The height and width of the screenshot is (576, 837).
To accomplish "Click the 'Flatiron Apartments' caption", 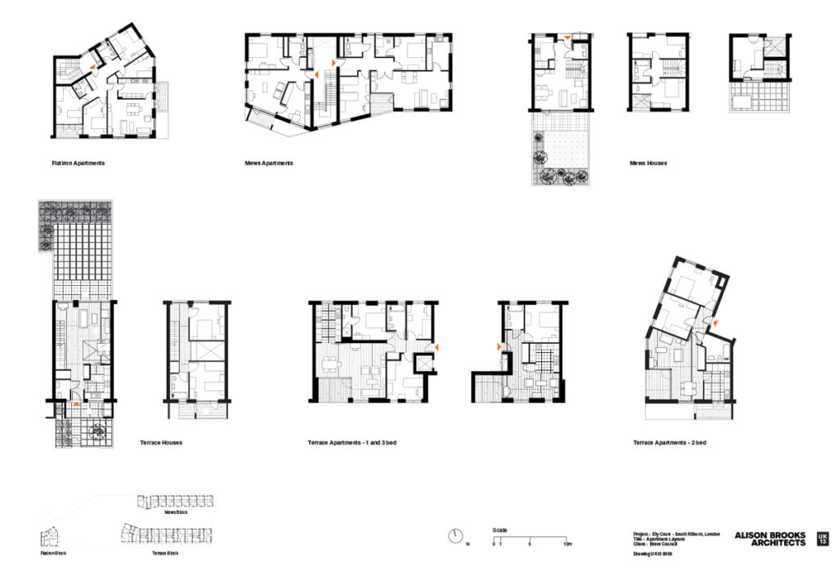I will tap(78, 163).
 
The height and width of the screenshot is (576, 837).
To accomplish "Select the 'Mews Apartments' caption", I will tap(269, 163).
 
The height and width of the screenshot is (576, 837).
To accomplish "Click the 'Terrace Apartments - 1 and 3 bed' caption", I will tap(351, 443).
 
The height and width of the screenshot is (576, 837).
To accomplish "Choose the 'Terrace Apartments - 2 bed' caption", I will tap(669, 443).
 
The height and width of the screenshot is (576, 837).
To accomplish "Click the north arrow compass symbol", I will tap(455, 537).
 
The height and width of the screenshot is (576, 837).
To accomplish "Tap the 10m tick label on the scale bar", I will tap(566, 544).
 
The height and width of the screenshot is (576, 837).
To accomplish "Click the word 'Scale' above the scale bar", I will tap(499, 530).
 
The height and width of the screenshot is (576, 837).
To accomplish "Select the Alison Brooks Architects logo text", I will tap(769, 539).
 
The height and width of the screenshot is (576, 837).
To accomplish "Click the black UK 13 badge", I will tap(821, 539).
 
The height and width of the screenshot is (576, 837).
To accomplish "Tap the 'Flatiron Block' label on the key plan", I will tap(53, 553).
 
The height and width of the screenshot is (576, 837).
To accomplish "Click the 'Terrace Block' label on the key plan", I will tap(164, 553).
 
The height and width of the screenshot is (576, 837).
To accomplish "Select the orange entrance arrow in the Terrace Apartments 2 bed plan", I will tap(714, 325).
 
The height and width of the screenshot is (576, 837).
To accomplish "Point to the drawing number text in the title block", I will tap(653, 554).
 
